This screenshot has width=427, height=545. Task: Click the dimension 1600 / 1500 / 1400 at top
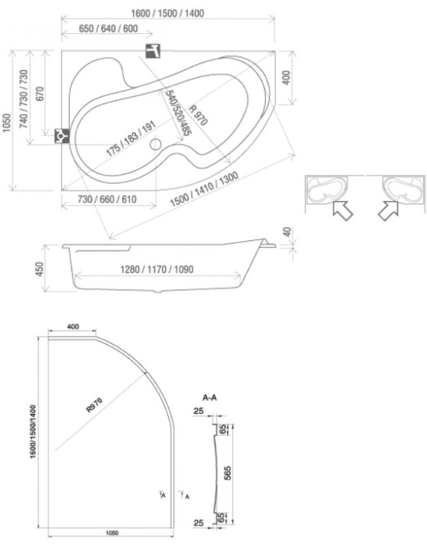click(x=168, y=14)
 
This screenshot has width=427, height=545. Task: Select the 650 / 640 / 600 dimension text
click(x=108, y=29)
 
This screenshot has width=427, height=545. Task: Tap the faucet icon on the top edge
click(x=153, y=51)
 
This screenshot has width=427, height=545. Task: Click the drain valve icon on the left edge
click(x=62, y=136)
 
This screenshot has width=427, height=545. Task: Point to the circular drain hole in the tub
click(x=156, y=144)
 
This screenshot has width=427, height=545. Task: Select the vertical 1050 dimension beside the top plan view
click(x=6, y=123)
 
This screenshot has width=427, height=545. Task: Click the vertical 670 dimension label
click(x=39, y=94)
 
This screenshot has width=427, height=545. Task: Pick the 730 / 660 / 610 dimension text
click(x=107, y=199)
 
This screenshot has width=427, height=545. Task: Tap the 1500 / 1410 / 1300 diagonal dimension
click(x=204, y=189)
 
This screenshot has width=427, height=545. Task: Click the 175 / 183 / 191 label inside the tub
click(x=131, y=139)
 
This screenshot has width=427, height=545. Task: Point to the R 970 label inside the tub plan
click(x=198, y=114)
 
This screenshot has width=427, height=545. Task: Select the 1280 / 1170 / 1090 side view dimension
click(x=157, y=269)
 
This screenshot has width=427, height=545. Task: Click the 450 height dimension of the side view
click(x=39, y=269)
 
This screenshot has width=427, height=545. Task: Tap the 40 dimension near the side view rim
click(x=287, y=232)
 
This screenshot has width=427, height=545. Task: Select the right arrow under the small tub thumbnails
click(x=388, y=210)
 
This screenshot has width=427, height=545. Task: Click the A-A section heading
click(x=210, y=398)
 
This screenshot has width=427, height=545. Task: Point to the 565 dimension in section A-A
click(x=227, y=473)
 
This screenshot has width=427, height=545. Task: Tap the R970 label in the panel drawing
click(x=95, y=405)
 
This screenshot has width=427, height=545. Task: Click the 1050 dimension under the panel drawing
click(x=112, y=533)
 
